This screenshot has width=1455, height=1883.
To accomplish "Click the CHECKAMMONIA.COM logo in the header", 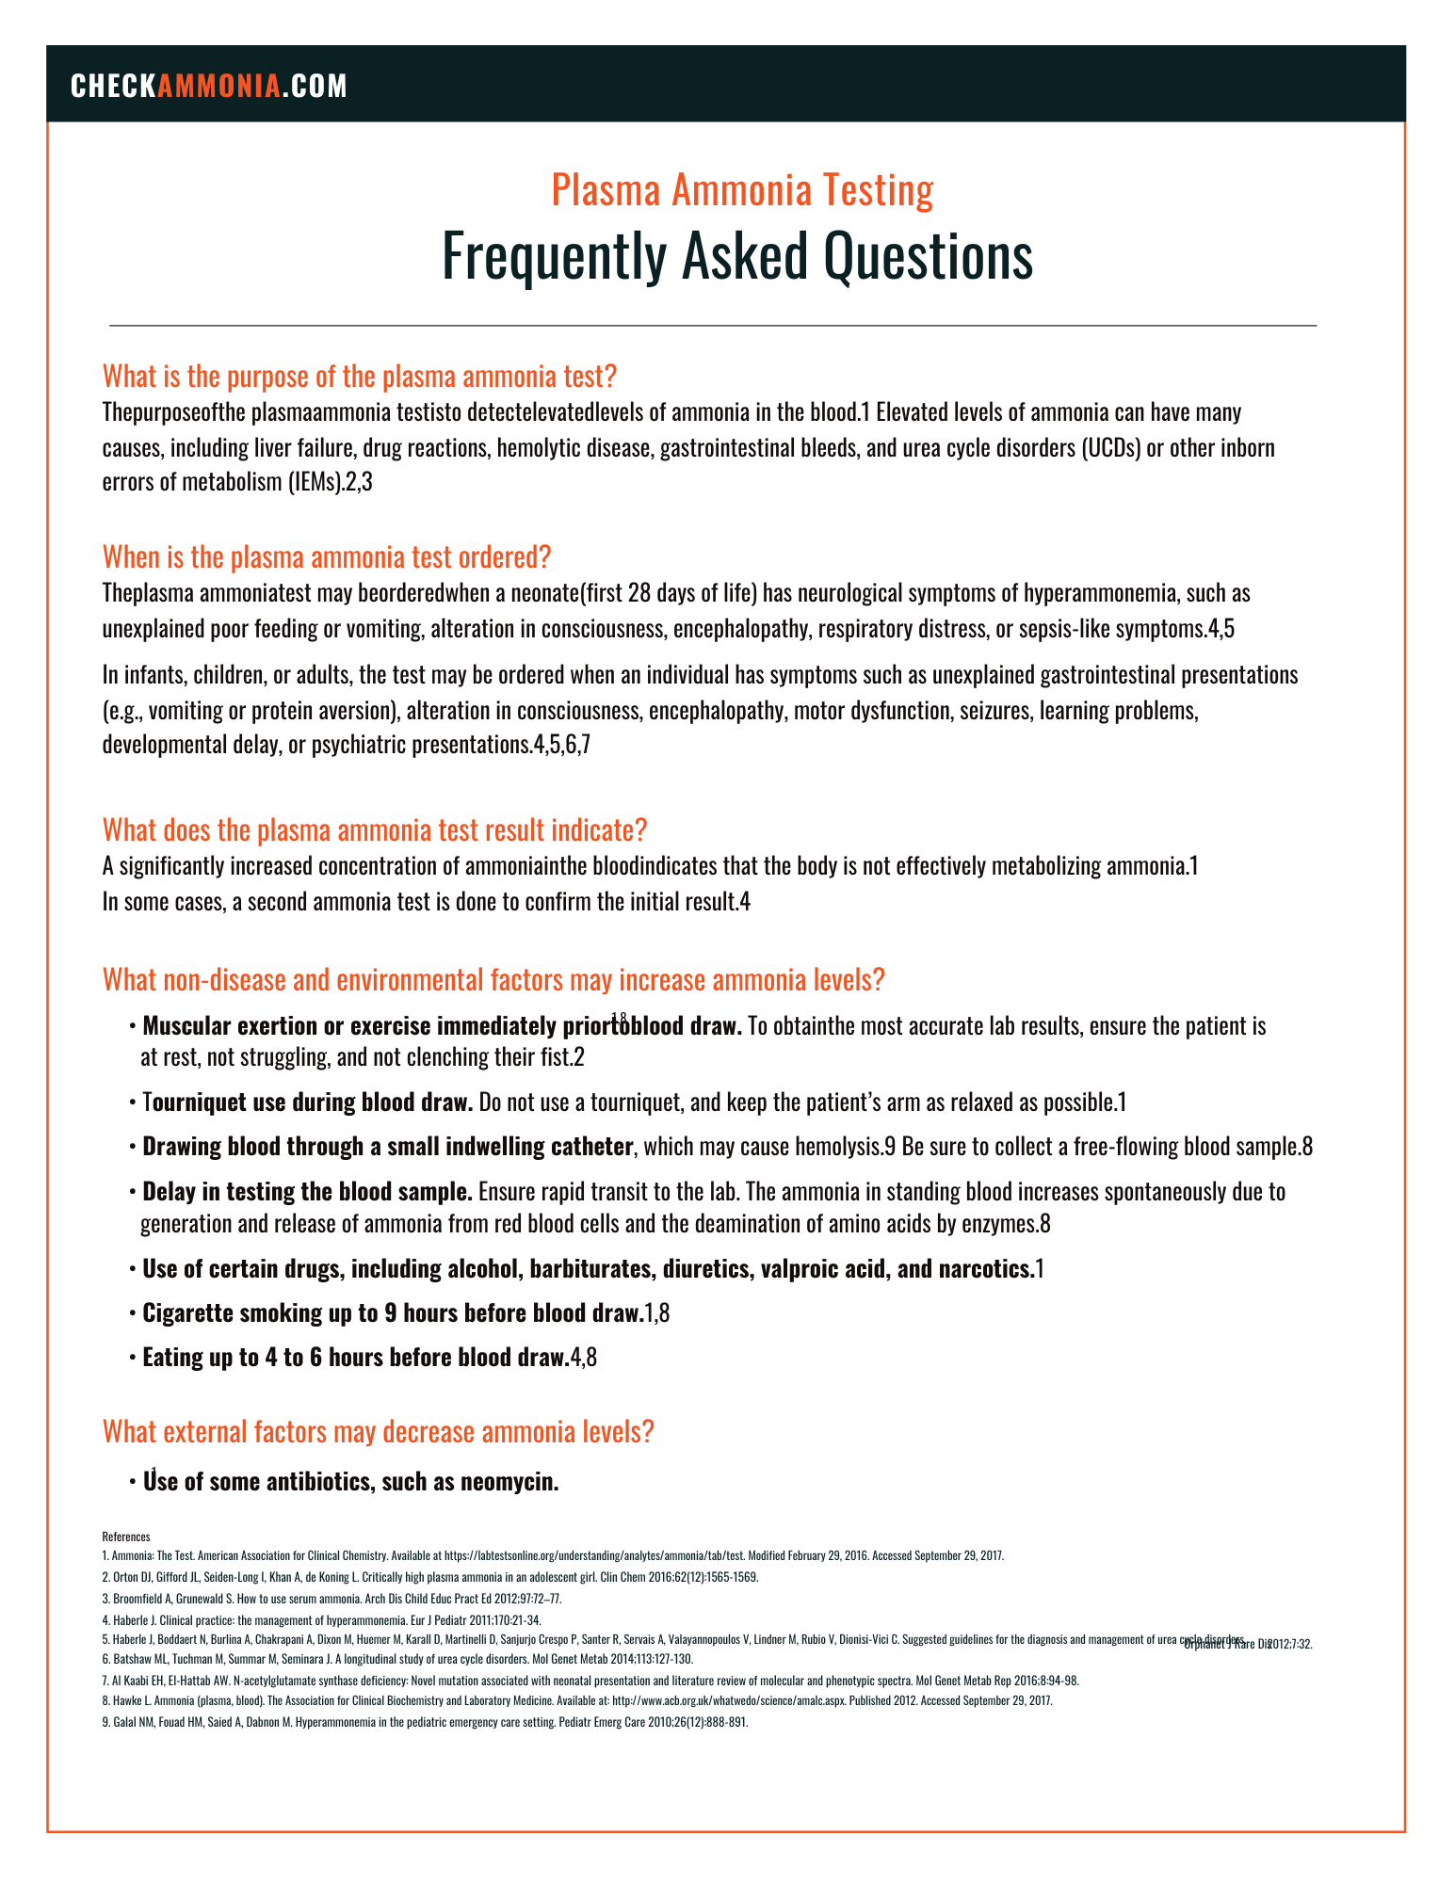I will pos(209,86).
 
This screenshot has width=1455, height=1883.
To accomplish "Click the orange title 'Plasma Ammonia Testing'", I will pos(742,189).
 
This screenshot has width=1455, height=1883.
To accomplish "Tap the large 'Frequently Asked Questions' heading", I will pos(737,256).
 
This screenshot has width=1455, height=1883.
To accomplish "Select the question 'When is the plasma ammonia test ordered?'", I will pos(326,556).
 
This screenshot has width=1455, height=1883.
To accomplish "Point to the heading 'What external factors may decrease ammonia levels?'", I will pos(378,1432).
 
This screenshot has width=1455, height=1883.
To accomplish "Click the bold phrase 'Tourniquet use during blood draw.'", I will pos(308,1102).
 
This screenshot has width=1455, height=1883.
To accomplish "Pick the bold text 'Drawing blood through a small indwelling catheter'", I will pos(387,1147).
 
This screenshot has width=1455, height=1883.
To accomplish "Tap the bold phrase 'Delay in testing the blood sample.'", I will pos(307,1192).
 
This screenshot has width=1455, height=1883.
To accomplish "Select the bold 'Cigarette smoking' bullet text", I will pos(391,1313).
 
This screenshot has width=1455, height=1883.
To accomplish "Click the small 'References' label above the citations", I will pos(125,1537).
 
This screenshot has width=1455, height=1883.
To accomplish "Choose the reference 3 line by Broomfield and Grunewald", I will pos(331,1599).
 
